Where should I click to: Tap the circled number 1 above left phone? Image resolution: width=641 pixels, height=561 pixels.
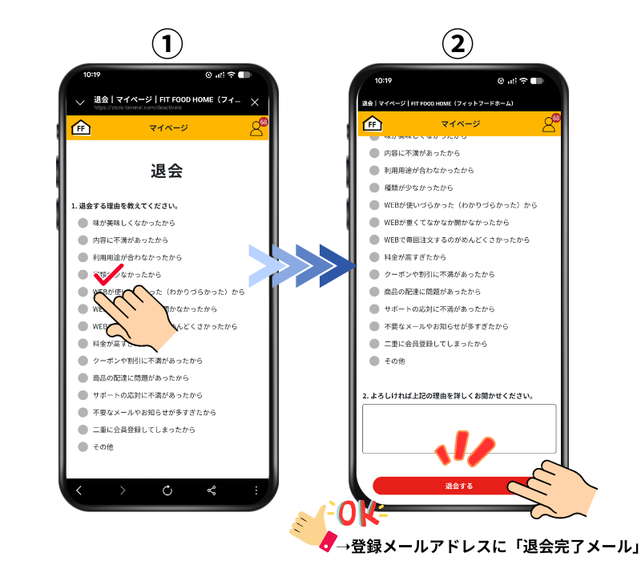(167, 45)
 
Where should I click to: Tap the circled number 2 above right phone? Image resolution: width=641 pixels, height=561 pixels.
(458, 45)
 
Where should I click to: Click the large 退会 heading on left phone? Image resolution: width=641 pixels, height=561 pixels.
(167, 171)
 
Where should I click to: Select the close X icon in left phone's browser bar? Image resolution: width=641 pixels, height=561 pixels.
(255, 102)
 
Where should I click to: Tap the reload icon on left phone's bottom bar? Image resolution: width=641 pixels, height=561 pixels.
(167, 490)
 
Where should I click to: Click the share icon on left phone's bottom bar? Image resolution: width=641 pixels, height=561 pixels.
(212, 490)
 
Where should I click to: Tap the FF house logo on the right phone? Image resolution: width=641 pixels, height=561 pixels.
(373, 123)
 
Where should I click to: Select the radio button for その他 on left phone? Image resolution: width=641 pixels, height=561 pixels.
(83, 446)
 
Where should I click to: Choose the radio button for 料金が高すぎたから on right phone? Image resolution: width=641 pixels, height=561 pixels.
(374, 257)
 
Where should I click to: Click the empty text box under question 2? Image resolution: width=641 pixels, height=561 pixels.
(458, 429)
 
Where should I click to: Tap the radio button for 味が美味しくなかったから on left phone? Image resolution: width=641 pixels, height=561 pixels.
(83, 223)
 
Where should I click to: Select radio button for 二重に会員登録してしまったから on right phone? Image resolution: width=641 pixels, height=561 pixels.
(374, 344)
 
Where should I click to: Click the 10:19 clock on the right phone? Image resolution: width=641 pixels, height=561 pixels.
(384, 80)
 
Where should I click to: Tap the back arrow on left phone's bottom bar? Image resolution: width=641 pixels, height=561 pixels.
(79, 490)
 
